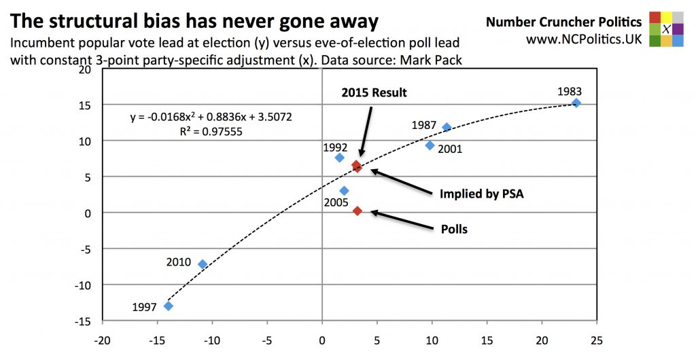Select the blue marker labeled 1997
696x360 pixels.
[169, 306]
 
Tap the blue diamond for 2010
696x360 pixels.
[203, 264]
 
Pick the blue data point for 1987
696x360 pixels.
[447, 127]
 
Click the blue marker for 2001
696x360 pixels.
[430, 145]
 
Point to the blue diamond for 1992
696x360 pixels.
[340, 158]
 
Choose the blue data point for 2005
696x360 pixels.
[344, 191]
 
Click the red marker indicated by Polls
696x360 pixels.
[358, 211]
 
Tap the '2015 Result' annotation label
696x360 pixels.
[374, 92]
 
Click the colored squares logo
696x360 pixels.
[666, 29]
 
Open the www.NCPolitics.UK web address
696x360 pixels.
[584, 39]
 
